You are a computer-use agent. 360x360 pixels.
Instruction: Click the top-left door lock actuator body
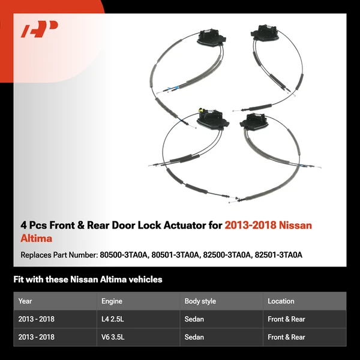(x=211, y=37)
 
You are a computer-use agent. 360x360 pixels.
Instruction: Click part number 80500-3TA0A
(x=123, y=254)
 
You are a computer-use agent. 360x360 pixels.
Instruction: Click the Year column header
(x=25, y=301)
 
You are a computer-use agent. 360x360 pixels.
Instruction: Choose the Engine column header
(x=112, y=301)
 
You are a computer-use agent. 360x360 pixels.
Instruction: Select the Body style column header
(x=200, y=301)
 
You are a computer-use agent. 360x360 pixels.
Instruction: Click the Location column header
(x=281, y=301)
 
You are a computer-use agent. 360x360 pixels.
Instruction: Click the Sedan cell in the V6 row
(x=194, y=337)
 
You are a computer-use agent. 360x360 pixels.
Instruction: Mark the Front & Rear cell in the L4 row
(x=286, y=319)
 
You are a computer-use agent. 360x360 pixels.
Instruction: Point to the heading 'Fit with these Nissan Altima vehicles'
(x=88, y=280)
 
